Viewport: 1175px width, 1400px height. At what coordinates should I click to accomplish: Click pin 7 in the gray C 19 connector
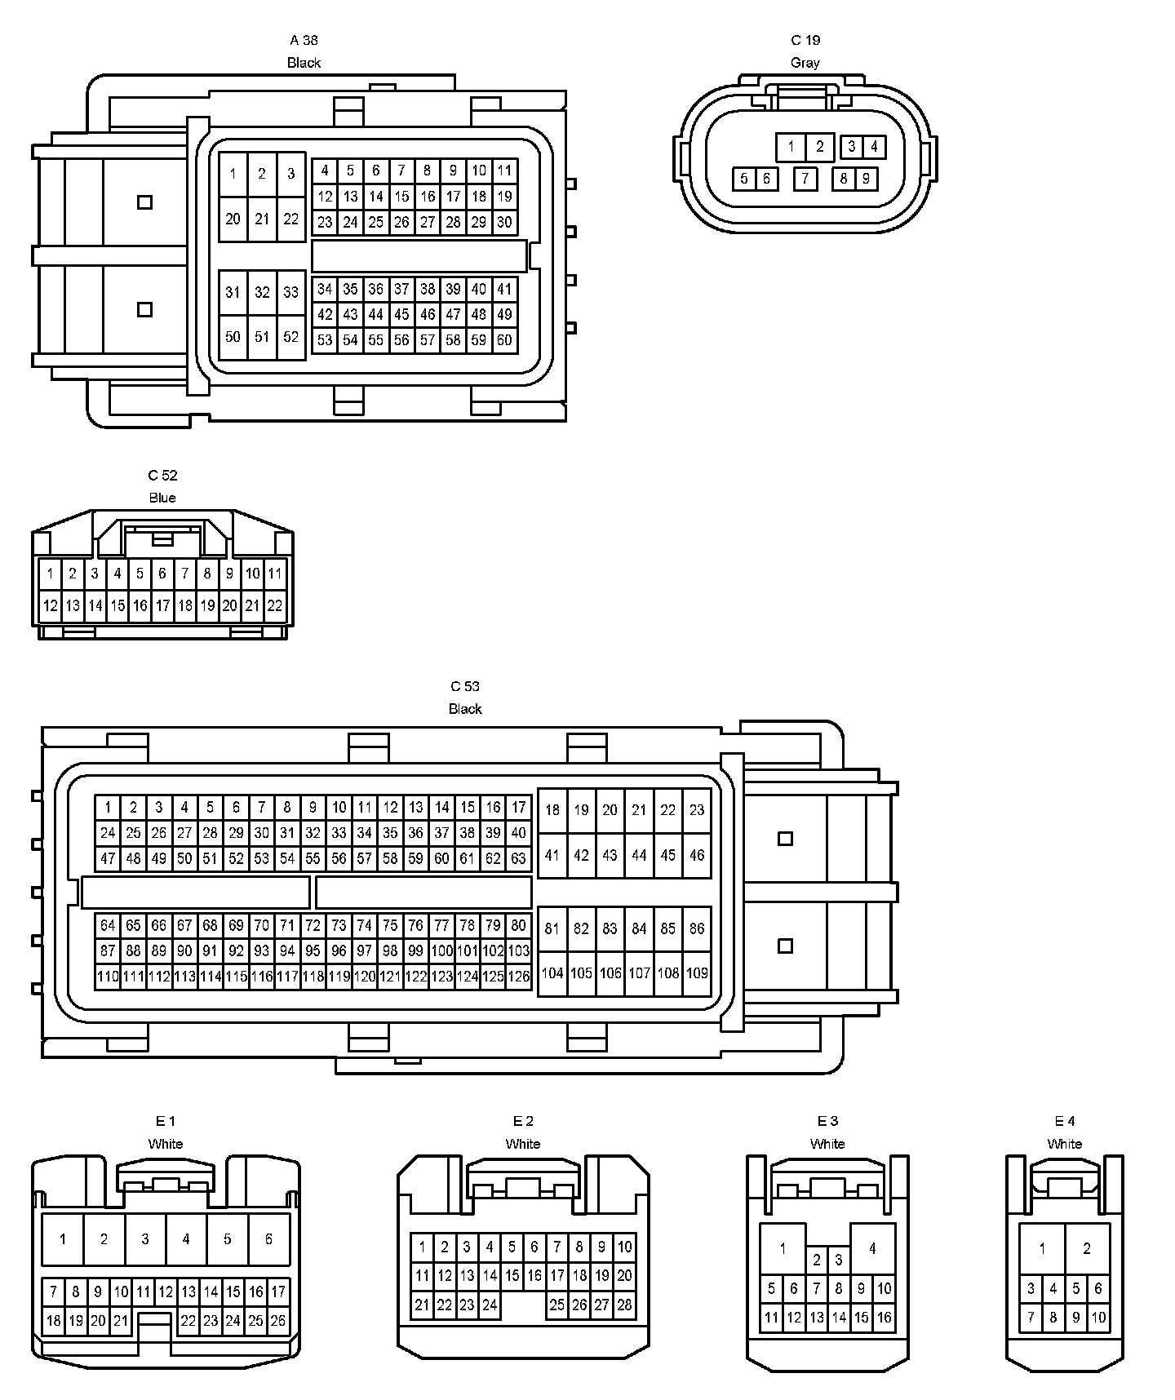click(805, 179)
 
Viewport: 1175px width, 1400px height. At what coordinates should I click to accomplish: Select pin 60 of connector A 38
click(504, 339)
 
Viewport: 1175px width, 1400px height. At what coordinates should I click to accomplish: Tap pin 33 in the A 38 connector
click(291, 292)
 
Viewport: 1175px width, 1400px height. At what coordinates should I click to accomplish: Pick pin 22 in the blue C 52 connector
click(275, 605)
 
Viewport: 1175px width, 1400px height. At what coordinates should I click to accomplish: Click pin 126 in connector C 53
click(518, 976)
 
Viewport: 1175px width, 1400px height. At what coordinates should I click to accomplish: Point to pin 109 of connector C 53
click(697, 972)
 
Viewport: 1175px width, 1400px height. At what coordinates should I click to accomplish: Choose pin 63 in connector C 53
click(518, 858)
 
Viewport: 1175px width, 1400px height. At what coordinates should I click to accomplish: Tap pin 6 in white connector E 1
click(268, 1238)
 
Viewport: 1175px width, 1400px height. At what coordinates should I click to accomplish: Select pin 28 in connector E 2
click(624, 1305)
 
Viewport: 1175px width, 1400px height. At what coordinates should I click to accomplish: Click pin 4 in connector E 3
click(872, 1248)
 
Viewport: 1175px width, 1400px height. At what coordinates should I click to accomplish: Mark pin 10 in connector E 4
click(1098, 1317)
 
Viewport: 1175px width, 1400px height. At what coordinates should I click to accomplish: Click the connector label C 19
click(805, 40)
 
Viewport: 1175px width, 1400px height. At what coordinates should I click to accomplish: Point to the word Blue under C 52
click(162, 498)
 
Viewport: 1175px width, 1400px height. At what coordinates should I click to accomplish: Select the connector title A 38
click(304, 40)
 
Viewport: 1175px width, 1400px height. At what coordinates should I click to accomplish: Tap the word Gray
click(805, 63)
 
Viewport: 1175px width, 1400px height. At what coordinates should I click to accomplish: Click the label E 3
click(827, 1121)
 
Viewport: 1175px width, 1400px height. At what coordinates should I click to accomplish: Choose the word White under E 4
click(1065, 1144)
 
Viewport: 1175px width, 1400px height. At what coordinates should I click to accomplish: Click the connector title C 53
click(465, 686)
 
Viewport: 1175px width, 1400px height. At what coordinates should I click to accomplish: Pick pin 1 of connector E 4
click(1042, 1248)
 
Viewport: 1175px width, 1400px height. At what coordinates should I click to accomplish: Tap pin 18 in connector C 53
click(552, 810)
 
